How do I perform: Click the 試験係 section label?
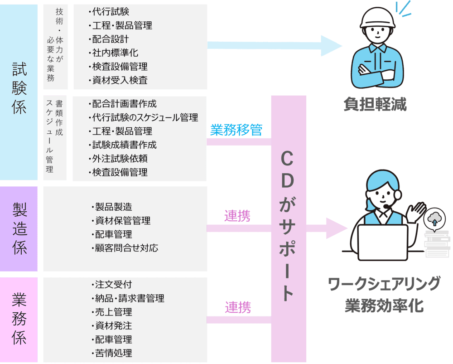click(19, 89)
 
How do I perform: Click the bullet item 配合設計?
click(111, 39)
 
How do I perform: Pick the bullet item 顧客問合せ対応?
click(126, 248)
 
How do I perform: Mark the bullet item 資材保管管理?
click(122, 221)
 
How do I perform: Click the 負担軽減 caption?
click(375, 105)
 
